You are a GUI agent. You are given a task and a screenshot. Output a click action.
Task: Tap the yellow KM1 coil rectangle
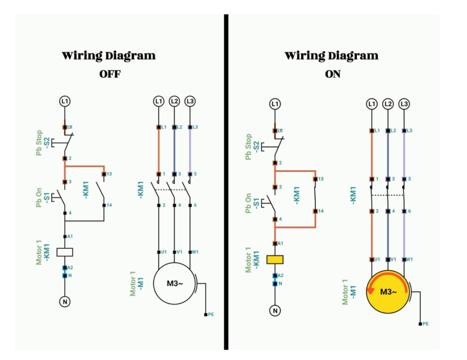coord(275,260)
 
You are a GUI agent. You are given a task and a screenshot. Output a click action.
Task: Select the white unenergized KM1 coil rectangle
coord(65,252)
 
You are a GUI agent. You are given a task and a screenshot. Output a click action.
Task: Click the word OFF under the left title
coord(110,74)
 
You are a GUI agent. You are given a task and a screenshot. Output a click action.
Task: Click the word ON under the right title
coord(333,74)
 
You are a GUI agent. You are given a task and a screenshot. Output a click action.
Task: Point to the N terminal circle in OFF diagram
coord(65,301)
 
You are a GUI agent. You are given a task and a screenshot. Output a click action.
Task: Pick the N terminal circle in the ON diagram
coord(275,311)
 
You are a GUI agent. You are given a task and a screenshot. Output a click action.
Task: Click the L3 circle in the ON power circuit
coord(404,104)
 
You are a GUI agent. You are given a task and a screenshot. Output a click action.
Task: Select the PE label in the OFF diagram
coord(211,314)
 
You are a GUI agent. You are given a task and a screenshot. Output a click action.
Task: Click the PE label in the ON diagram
coord(425,324)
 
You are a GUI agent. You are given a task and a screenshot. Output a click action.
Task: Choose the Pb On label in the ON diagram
coord(249,204)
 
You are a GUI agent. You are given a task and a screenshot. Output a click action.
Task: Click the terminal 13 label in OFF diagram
coord(109,174)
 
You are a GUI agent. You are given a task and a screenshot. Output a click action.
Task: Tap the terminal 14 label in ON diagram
coord(321,211)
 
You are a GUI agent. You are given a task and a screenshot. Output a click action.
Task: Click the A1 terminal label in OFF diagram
coord(70,237)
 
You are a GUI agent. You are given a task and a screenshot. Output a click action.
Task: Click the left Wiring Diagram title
coord(109,56)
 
